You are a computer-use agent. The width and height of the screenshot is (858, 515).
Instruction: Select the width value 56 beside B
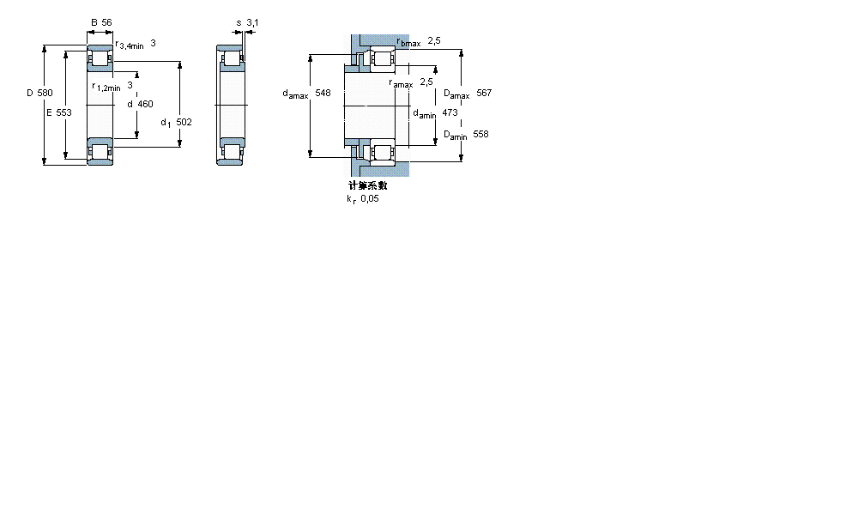106,23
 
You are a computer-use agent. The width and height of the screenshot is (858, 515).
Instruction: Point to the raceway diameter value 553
63,113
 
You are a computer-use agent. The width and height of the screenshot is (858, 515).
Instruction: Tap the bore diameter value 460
145,104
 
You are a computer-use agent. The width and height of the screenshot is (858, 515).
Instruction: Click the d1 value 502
183,122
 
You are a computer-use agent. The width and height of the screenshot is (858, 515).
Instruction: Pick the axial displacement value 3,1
252,23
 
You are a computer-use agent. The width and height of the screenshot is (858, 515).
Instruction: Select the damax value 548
323,93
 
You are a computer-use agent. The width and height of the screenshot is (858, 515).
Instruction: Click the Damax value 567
484,93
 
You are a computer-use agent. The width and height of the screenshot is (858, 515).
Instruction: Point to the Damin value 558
480,135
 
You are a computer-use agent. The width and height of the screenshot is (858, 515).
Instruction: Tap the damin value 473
450,112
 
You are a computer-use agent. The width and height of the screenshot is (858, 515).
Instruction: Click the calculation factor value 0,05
369,198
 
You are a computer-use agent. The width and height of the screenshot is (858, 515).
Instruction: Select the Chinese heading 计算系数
367,185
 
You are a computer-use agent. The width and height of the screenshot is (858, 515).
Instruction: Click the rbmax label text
408,42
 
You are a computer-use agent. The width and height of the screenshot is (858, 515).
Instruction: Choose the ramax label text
401,84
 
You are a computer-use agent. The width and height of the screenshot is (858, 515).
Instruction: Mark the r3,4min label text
129,44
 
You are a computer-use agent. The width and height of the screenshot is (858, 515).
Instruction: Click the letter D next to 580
29,93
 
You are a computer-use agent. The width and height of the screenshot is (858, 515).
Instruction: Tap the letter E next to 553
50,113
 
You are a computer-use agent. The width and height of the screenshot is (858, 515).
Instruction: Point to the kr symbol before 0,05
350,199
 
